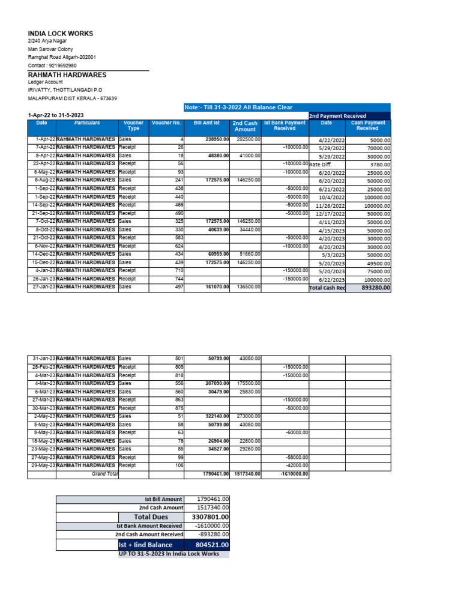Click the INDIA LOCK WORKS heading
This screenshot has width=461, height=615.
pyautogui.click(x=61, y=34)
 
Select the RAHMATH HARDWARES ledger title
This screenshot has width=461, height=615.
pyautogui.click(x=67, y=75)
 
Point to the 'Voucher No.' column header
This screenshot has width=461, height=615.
pyautogui.click(x=166, y=123)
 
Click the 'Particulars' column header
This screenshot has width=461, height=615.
pyautogui.click(x=87, y=123)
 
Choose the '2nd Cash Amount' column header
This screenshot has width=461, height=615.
pyautogui.click(x=245, y=126)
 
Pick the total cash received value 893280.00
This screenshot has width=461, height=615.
pyautogui.click(x=373, y=288)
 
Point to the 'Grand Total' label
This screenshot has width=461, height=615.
pyautogui.click(x=104, y=474)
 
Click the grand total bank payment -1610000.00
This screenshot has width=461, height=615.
pyautogui.click(x=294, y=474)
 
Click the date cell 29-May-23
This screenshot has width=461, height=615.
pyautogui.click(x=43, y=465)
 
